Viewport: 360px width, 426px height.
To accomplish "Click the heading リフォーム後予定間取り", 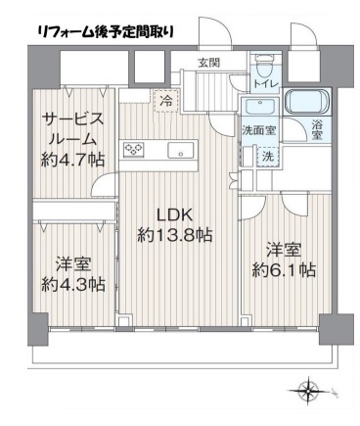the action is (106, 32).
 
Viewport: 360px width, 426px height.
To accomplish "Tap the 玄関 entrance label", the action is (209, 63).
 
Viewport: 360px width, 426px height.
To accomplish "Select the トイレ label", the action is (266, 83).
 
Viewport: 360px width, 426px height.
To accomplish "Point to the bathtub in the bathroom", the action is (307, 102).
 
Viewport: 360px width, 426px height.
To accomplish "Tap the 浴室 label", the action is (316, 130).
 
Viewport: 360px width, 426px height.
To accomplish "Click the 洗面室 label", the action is (258, 131).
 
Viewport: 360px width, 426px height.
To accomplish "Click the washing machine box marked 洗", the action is (268, 157).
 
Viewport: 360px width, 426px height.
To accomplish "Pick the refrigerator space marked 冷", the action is (165, 101).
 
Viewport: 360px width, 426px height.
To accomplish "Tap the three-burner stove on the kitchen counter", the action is (133, 150).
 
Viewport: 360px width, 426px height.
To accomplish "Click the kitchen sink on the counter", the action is (181, 151).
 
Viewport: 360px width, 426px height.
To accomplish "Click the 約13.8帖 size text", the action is (175, 235).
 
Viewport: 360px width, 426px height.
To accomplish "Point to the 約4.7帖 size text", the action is (72, 161).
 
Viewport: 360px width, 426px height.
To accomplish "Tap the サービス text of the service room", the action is (72, 118).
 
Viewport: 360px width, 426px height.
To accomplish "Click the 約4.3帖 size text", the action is (73, 284).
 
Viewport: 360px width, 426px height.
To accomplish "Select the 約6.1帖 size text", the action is (284, 270).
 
